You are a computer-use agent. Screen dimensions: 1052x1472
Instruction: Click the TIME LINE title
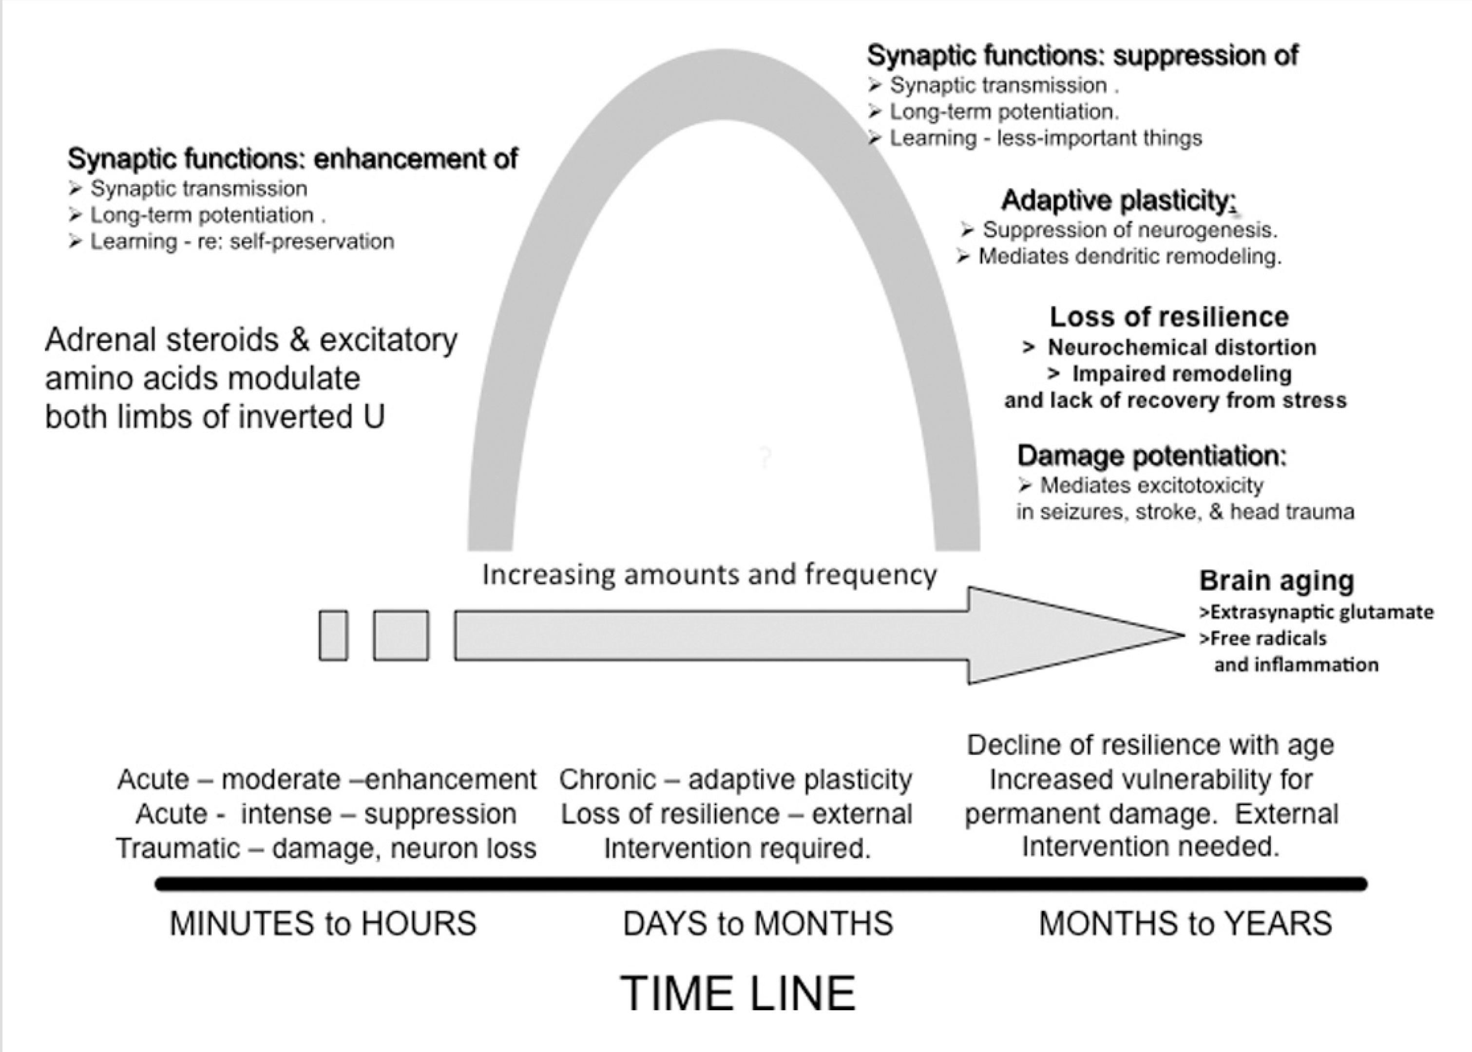coord(738,993)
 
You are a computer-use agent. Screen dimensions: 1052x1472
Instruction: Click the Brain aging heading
coord(1276,580)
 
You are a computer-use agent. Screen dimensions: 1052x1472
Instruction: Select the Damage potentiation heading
coord(1151,456)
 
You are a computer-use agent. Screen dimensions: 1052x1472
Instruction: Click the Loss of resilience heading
coord(1169,317)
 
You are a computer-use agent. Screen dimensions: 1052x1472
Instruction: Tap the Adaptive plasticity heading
coord(1118,201)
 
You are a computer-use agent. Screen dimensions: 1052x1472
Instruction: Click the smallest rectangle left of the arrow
coord(333,635)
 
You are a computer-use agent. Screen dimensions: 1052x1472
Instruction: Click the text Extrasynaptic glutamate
coord(1321,612)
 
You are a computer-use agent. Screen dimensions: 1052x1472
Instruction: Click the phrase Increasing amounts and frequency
coord(709,574)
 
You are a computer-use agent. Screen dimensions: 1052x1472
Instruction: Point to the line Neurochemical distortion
coord(1181,347)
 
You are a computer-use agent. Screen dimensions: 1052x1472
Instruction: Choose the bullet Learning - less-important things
coord(1045,138)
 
